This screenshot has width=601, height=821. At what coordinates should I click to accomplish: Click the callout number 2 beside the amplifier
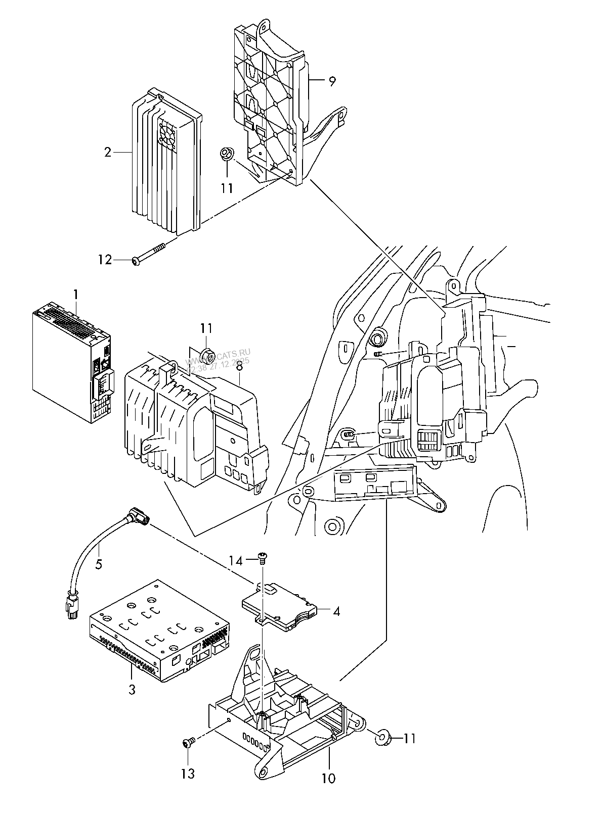coord(107,152)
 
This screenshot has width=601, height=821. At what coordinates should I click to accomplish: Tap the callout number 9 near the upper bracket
coord(332,81)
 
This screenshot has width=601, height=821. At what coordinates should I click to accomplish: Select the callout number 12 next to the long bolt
coord(105,260)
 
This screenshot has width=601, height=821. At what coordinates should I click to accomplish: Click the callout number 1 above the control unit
coord(76,294)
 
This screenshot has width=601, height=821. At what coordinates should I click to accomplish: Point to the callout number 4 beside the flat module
coord(336,611)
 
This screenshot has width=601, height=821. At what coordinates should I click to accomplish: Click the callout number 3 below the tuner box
coord(132,689)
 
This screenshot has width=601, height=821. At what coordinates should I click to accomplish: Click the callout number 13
coord(188,774)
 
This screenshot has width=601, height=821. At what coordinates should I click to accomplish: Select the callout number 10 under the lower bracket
coord(328,778)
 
